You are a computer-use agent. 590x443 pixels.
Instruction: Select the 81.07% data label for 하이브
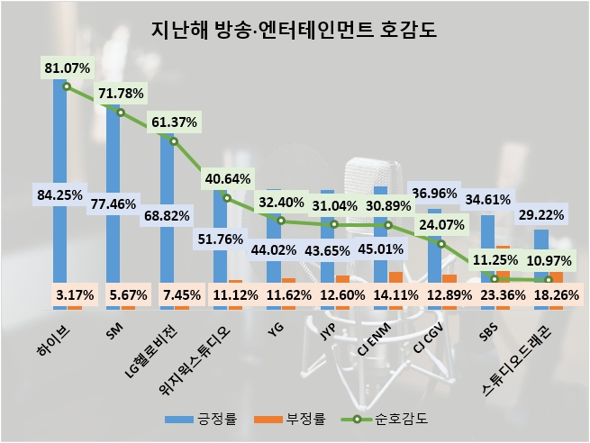67,66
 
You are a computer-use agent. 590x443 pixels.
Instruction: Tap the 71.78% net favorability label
120,94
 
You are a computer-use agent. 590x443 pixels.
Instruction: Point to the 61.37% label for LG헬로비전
174,122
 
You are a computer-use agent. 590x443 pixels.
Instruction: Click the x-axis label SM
114,334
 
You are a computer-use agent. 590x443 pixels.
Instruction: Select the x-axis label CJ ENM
373,342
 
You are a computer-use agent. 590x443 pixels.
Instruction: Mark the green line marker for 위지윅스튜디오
227,198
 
